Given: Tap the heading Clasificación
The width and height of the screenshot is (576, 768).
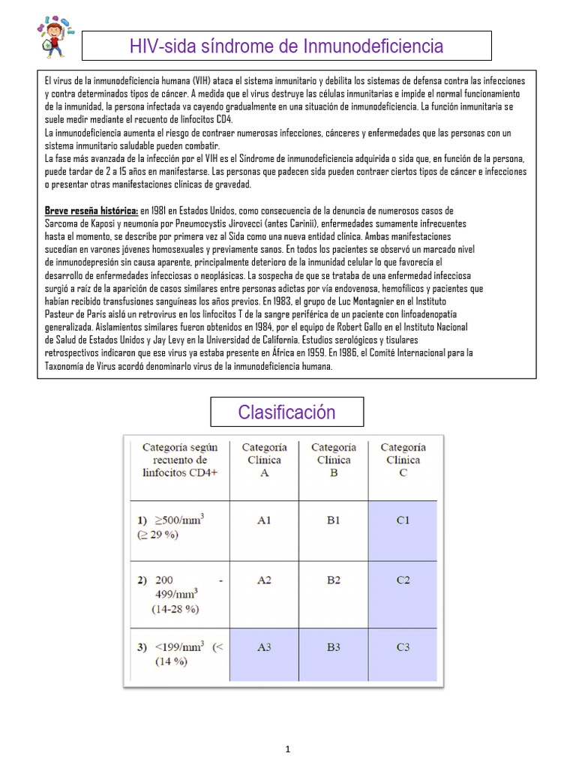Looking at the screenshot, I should pos(286,412).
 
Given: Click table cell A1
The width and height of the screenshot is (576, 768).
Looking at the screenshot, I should pos(264,520).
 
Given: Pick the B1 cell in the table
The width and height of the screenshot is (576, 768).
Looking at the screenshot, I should pos(333,520).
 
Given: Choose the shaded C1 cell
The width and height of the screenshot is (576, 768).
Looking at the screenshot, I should pos(403,520).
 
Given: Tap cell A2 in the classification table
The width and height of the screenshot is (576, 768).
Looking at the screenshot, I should pos(264,580).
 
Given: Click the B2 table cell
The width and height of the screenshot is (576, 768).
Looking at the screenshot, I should pos(333,580).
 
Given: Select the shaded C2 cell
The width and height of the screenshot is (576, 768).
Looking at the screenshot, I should pos(403,580).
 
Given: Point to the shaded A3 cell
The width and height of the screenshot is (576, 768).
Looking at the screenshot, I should pos(264,646).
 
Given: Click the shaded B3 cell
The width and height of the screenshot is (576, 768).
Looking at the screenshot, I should pos(333,646).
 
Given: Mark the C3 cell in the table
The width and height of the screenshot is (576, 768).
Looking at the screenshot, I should pos(403,646).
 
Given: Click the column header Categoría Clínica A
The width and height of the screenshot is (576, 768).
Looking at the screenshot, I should pos(264,460).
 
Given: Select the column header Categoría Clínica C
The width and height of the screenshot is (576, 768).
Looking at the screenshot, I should pos(403,460).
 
